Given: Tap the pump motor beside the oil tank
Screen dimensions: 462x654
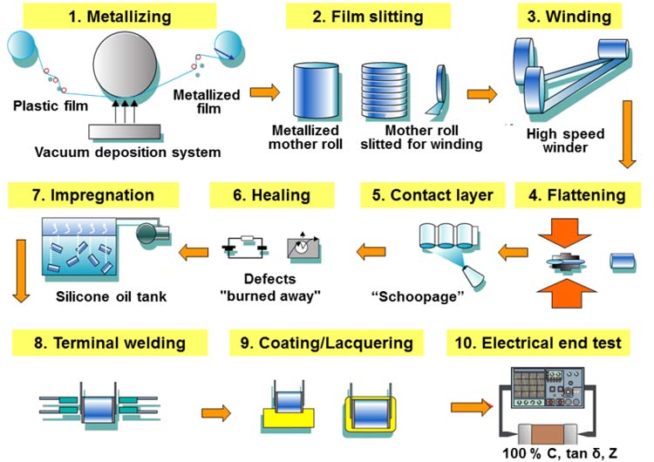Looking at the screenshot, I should click(x=151, y=231).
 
